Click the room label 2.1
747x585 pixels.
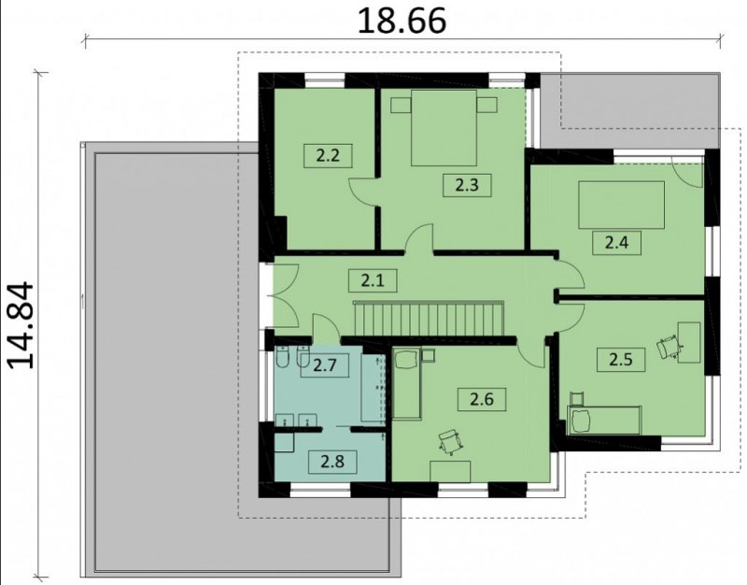tap(373, 280)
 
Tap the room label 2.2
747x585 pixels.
tap(329, 155)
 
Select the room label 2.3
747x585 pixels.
tap(467, 185)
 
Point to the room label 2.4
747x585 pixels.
tap(616, 243)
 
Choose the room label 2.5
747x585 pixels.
tap(621, 359)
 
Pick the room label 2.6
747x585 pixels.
tap(482, 399)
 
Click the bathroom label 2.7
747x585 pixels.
tap(325, 365)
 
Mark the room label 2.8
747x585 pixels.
tap(332, 462)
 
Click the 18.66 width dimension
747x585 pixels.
tap(402, 21)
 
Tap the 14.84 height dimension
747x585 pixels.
tap(21, 325)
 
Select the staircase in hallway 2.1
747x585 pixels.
tap(429, 319)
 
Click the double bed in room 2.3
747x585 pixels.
tap(444, 128)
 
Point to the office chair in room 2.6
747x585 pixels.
tap(451, 441)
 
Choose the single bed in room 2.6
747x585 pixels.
tap(407, 384)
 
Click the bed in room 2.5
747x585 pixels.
tap(603, 420)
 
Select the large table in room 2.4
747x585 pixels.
tap(621, 205)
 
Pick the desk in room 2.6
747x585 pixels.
tap(450, 472)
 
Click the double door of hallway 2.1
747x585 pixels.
tap(285, 295)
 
